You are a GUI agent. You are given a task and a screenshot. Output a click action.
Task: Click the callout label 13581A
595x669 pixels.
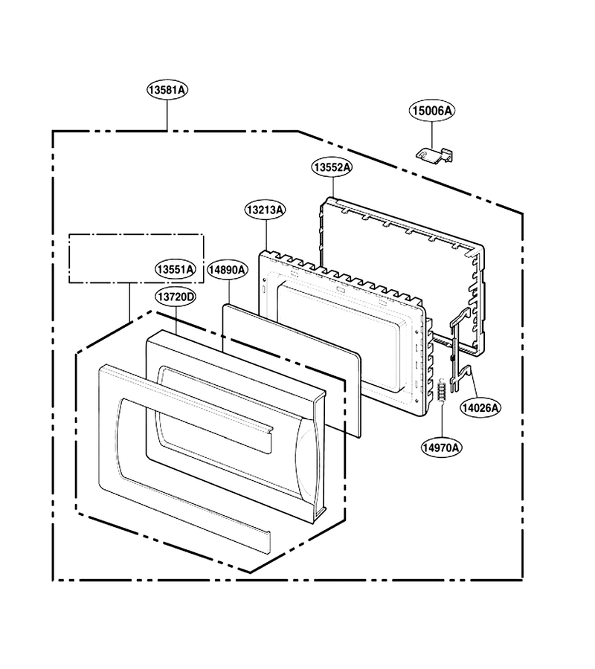(167, 90)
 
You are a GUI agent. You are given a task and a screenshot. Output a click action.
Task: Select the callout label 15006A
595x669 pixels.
(432, 111)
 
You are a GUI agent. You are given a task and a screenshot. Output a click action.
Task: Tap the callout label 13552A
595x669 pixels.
(332, 167)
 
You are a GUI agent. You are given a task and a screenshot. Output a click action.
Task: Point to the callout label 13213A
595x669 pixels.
(266, 210)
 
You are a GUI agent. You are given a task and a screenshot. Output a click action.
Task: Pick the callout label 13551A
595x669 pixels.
(176, 270)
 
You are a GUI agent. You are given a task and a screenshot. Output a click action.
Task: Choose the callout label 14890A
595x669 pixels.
(227, 270)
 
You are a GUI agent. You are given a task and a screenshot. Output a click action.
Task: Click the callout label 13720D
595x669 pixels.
(176, 297)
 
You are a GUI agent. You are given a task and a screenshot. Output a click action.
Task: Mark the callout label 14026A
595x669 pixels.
(480, 408)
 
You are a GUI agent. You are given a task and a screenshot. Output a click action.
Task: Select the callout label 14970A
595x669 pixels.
(441, 447)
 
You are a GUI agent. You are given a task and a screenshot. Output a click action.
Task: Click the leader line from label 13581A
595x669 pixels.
(167, 115)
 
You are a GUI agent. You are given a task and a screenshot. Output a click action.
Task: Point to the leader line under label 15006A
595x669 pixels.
(432, 135)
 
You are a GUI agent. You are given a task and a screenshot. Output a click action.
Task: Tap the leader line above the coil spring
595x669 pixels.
(443, 420)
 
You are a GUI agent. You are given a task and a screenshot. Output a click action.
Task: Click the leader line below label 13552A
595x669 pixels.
(332, 187)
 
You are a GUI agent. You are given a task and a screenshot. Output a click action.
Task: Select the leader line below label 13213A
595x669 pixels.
(266, 235)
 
